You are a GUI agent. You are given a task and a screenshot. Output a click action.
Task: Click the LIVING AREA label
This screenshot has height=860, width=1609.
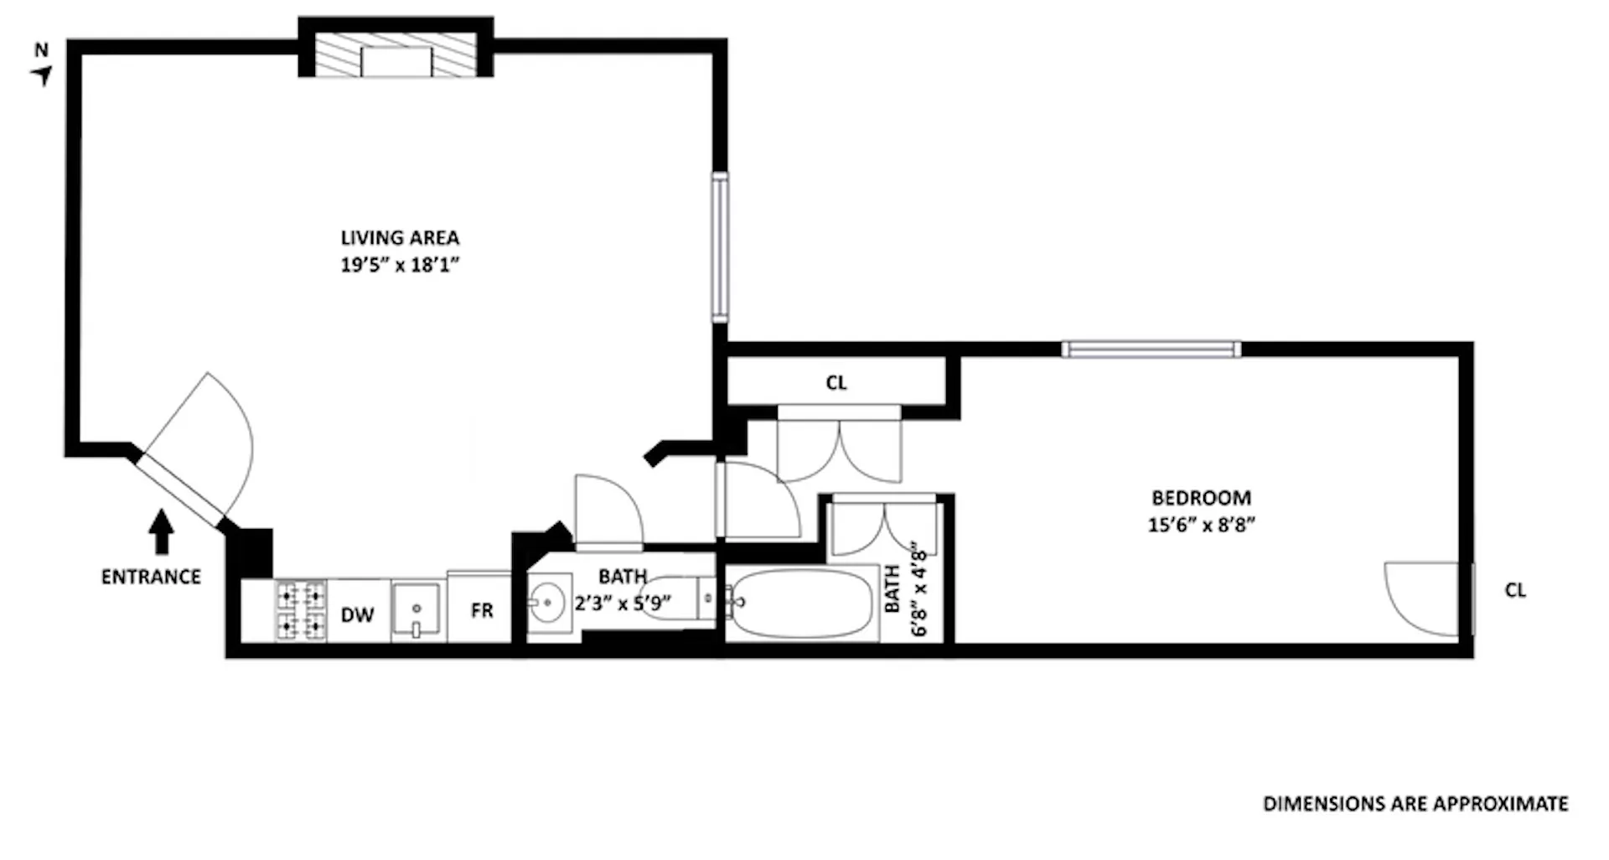[400, 238]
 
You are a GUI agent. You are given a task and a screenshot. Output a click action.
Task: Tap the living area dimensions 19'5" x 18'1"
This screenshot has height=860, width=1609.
[400, 265]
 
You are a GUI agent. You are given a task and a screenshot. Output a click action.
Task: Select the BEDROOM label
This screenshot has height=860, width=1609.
[1201, 498]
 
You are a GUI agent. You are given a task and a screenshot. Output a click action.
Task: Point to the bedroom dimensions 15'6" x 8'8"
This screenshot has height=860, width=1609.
[1201, 525]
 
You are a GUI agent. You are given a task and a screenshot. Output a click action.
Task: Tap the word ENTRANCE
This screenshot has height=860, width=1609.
[151, 577]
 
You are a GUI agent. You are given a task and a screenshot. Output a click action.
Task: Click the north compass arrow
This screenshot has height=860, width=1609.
[42, 75]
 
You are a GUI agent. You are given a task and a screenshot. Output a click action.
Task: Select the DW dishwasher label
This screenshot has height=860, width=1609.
[357, 615]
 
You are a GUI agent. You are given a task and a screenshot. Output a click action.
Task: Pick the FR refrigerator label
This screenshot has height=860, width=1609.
[482, 611]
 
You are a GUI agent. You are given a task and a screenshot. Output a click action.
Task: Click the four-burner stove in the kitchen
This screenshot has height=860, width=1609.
[301, 611]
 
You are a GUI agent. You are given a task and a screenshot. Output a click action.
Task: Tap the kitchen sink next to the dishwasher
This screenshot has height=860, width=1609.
[416, 610]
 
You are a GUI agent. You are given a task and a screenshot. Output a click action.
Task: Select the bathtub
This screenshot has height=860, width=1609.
[800, 604]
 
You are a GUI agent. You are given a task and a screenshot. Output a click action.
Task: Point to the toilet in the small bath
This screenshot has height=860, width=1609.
[675, 598]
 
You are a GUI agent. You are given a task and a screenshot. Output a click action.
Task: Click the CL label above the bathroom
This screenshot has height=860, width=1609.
[836, 383]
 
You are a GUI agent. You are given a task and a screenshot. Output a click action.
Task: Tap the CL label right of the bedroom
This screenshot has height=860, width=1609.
[1515, 590]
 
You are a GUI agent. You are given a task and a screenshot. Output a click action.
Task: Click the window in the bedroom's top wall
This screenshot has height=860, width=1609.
[1151, 349]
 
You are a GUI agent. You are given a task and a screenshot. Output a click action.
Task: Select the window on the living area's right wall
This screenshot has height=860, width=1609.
[720, 246]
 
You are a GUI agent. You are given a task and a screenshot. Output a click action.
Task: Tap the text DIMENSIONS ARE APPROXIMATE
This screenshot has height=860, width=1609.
[1415, 804]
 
